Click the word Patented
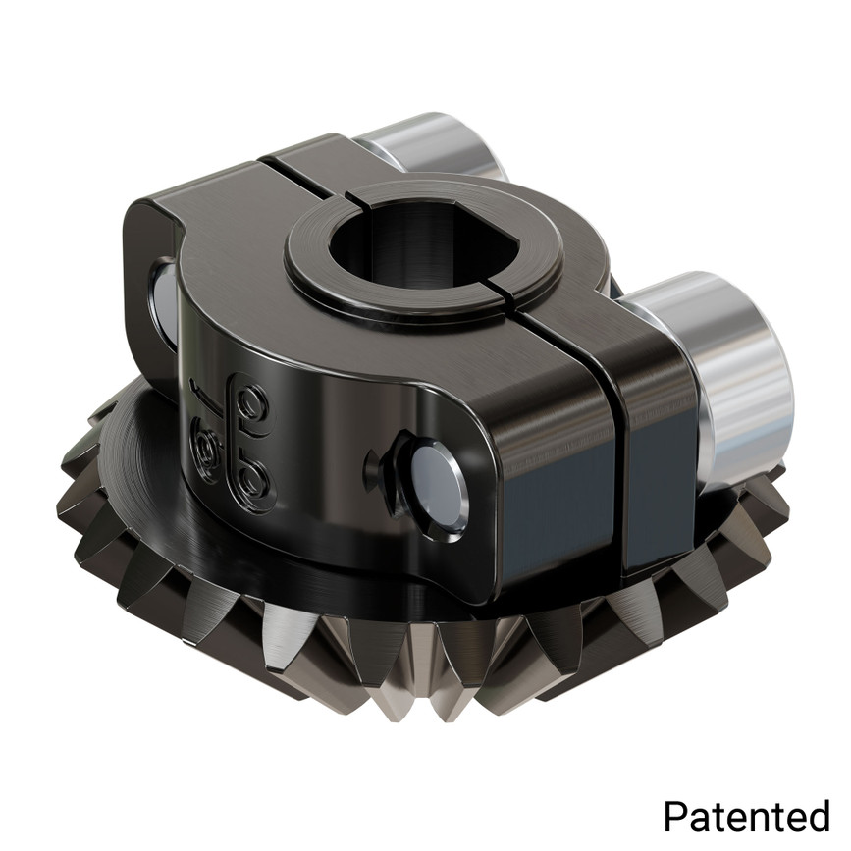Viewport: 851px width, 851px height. (746, 815)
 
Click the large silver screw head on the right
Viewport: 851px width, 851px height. (736, 378)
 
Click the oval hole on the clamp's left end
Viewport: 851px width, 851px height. (162, 294)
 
